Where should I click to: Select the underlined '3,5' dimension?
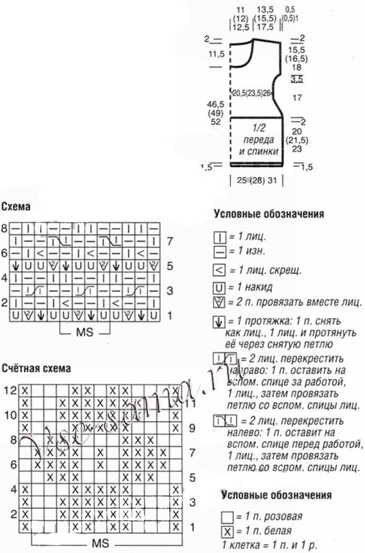(297, 79)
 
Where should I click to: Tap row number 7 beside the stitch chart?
(170, 240)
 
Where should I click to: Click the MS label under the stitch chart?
(82, 332)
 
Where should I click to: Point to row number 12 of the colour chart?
(8, 390)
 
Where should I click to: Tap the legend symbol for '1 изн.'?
(220, 250)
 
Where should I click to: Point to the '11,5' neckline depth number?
(216, 55)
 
